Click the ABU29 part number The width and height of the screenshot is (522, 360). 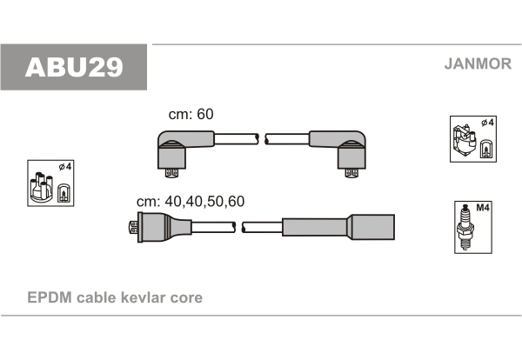click(74, 67)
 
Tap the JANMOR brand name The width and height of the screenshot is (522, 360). click(478, 63)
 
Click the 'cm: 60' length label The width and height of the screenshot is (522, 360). click(191, 114)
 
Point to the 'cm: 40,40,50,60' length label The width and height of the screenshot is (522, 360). click(191, 201)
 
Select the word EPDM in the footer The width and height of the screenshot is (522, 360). click(50, 297)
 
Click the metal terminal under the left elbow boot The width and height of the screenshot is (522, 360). click(171, 173)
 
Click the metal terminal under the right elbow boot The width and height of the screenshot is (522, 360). click(351, 173)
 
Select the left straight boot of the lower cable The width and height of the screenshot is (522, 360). click(164, 227)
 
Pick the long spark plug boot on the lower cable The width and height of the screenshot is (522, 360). click(338, 227)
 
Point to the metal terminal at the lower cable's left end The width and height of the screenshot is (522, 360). click(133, 227)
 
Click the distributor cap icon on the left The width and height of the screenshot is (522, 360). click(41, 187)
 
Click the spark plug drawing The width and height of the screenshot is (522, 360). click(465, 227)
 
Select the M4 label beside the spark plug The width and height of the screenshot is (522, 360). click(483, 208)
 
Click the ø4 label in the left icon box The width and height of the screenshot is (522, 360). click(65, 166)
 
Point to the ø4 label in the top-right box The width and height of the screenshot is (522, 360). click(487, 123)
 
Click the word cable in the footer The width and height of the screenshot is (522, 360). click(97, 297)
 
